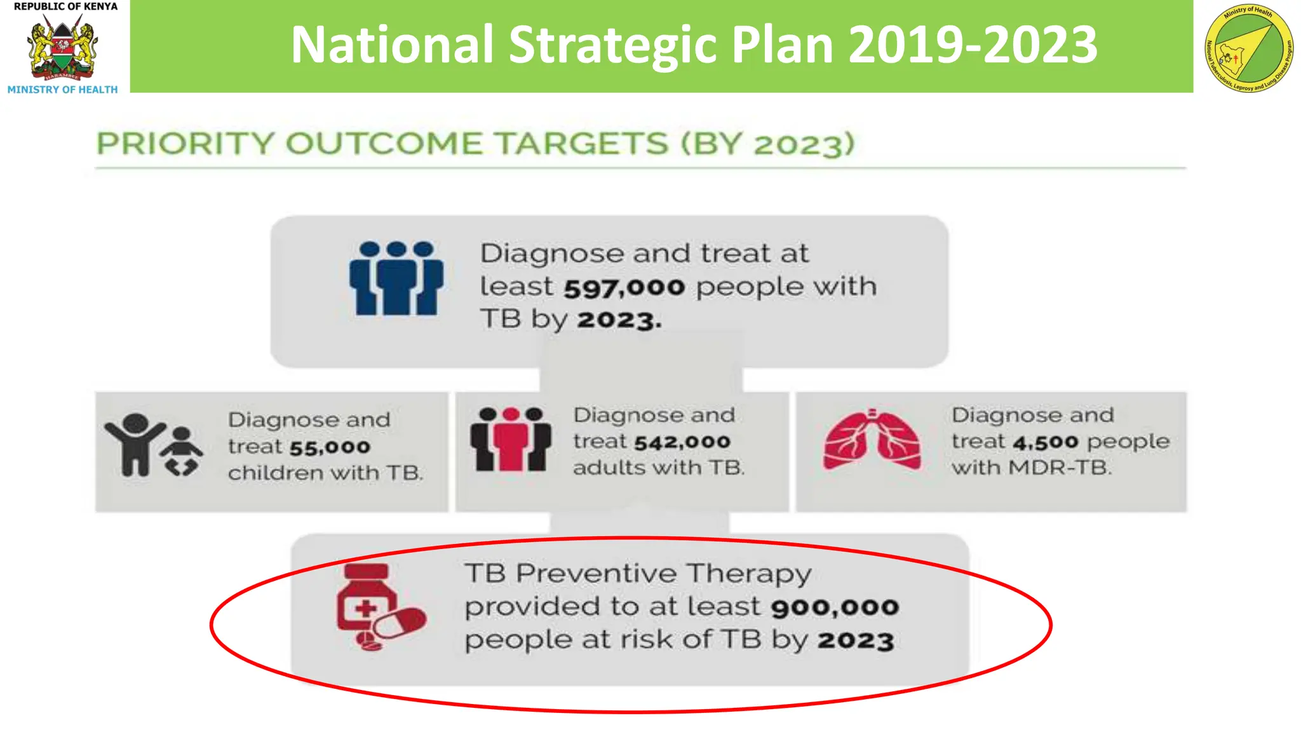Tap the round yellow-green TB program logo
[x=1248, y=49]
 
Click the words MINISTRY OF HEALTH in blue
[x=62, y=90]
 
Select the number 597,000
[x=624, y=288]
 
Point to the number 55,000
[x=330, y=447]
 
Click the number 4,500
[x=1046, y=442]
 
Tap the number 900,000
[x=835, y=607]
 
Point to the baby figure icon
[x=182, y=452]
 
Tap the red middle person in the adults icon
[x=511, y=440]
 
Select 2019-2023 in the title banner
[x=973, y=44]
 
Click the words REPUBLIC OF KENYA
[x=65, y=6]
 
